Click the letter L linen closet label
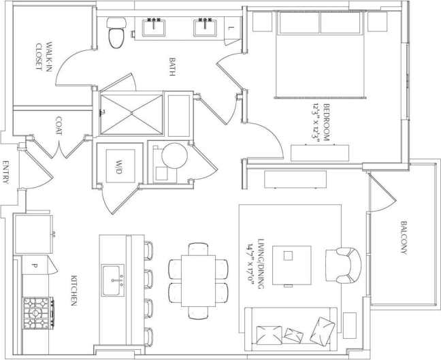tap(231, 29)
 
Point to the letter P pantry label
tap(33, 262)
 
